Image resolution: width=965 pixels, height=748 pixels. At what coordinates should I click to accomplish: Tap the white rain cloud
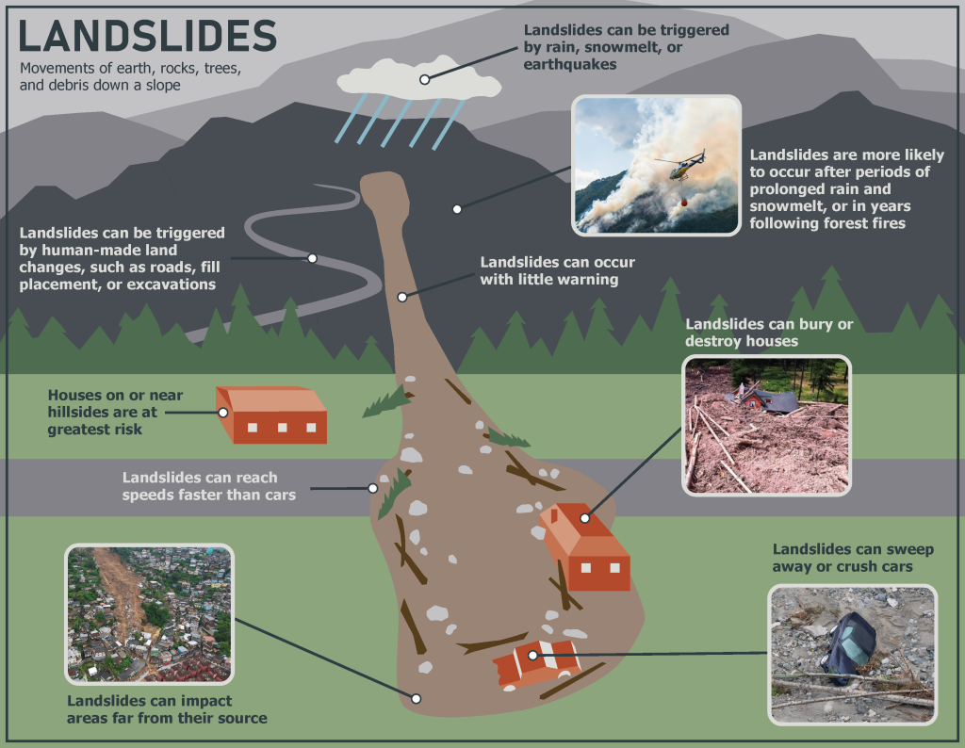419,79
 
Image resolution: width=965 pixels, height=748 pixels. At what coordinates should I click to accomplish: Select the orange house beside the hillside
273,415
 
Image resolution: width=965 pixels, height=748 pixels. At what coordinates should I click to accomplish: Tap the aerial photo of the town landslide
149,613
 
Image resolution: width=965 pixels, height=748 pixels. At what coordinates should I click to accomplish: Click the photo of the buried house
765,425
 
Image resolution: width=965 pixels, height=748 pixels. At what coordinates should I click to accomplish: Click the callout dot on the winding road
312,258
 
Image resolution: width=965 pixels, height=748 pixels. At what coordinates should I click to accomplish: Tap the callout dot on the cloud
425,79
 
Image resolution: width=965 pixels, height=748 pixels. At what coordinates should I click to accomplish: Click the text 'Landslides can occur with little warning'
557,270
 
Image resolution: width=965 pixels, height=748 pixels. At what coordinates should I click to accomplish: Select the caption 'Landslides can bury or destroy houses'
769,332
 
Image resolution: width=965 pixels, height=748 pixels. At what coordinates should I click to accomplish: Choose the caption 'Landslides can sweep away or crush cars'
842,557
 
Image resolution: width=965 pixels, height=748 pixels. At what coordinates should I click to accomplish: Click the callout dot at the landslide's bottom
416,698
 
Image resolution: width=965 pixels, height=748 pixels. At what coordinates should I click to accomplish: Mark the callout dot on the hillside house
223,412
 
